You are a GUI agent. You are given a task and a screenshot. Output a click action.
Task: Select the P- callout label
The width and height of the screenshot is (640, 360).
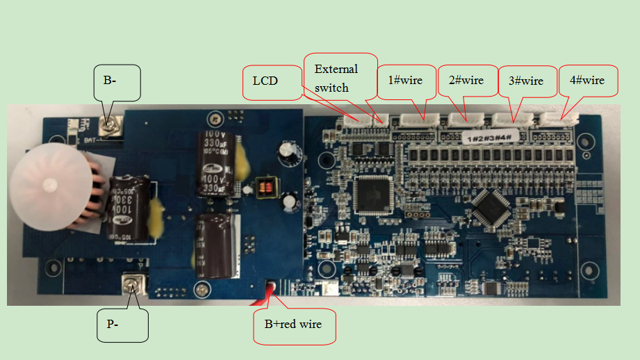pos(123,325)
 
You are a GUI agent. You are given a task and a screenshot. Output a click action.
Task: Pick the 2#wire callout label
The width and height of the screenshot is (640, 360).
pos(466,81)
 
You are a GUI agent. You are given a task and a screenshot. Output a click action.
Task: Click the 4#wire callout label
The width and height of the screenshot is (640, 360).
pos(587,81)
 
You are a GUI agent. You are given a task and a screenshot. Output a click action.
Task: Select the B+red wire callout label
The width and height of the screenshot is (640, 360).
pos(294,325)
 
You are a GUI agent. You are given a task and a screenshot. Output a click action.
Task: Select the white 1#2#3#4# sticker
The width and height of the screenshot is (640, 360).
pos(490,137)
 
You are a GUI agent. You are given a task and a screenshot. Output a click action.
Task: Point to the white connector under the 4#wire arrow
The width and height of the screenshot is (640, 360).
pos(561,120)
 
